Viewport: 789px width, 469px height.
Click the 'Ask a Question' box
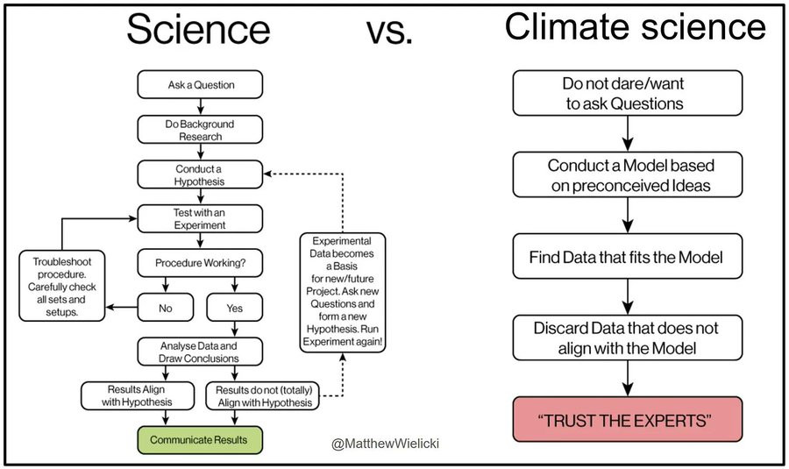tap(200, 84)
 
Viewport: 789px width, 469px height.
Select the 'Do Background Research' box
tap(200, 130)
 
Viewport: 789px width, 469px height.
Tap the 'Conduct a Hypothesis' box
tap(200, 174)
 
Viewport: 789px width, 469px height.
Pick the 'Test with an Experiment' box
tap(200, 219)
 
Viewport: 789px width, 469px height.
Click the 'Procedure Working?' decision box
tap(200, 263)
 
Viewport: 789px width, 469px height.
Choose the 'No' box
tap(166, 308)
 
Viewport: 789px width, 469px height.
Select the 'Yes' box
tap(234, 308)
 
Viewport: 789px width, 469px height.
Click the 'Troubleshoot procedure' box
tap(62, 286)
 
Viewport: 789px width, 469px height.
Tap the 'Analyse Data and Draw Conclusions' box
tap(200, 352)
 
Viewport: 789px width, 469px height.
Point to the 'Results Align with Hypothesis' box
tap(138, 395)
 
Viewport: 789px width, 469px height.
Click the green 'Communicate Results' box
tap(200, 440)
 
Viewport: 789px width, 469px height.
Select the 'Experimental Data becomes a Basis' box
tap(343, 292)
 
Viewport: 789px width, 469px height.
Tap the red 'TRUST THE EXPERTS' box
tap(628, 420)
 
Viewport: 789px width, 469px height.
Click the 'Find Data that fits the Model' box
tap(628, 257)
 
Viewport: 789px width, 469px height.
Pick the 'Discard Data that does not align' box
tap(628, 338)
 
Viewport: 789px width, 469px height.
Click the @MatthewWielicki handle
tap(385, 444)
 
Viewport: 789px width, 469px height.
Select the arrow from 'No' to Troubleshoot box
tap(121, 307)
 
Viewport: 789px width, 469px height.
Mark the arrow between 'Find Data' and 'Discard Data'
tap(628, 297)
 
